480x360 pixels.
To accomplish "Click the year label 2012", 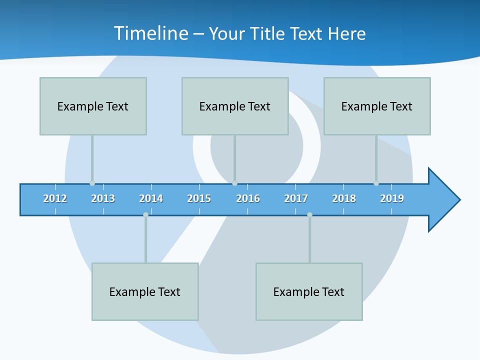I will coord(55,198).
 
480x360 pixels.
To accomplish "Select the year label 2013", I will coord(103,198).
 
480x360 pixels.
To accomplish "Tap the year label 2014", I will coord(151,198).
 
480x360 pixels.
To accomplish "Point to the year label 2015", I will coord(199,198).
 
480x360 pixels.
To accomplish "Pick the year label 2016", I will coord(248,198).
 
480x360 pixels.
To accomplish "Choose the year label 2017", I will coord(296,198).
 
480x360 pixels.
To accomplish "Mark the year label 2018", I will coord(344,198).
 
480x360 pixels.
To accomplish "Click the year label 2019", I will coord(392,198).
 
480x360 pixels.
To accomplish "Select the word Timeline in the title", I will coord(151,33).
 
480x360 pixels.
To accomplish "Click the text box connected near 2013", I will coord(93,106).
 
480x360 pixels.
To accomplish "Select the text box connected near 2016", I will coord(235,106).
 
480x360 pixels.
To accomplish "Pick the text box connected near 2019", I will coord(377,106).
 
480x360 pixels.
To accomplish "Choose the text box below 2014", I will coord(145,291).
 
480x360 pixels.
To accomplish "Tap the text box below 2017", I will coord(309,291).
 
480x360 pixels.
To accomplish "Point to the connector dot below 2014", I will coord(145,215).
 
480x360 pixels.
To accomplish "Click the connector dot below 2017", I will coord(309,215).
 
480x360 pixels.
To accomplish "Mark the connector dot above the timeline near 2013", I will coord(92,183).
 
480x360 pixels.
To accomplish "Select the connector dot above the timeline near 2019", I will coord(376,183).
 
